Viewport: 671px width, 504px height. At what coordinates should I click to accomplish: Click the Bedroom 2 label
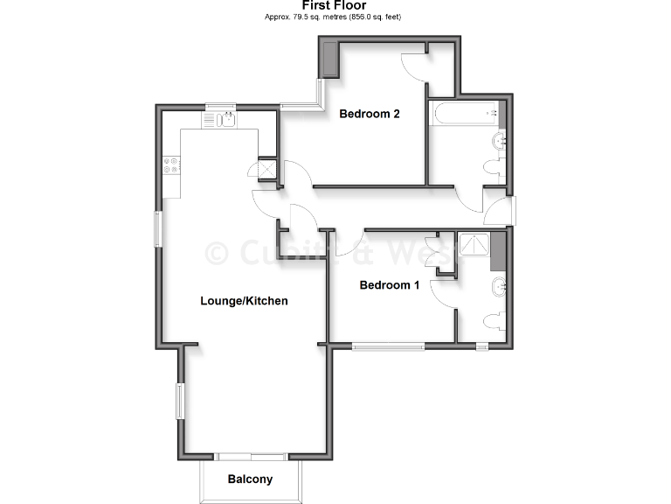370,113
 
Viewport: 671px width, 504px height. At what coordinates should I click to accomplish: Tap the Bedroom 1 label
390,285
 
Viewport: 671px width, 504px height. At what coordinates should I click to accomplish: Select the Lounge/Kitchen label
244,300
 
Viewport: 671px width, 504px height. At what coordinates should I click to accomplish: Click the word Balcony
250,479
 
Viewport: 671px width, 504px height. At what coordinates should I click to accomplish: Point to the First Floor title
335,6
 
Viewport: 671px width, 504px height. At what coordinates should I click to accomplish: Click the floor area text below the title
335,17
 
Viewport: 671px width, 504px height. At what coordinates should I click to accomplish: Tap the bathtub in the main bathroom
464,113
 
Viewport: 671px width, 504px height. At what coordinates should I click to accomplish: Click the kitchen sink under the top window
225,120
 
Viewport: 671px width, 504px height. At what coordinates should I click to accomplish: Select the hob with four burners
170,164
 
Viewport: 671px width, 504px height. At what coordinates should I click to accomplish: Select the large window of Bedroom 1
388,346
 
